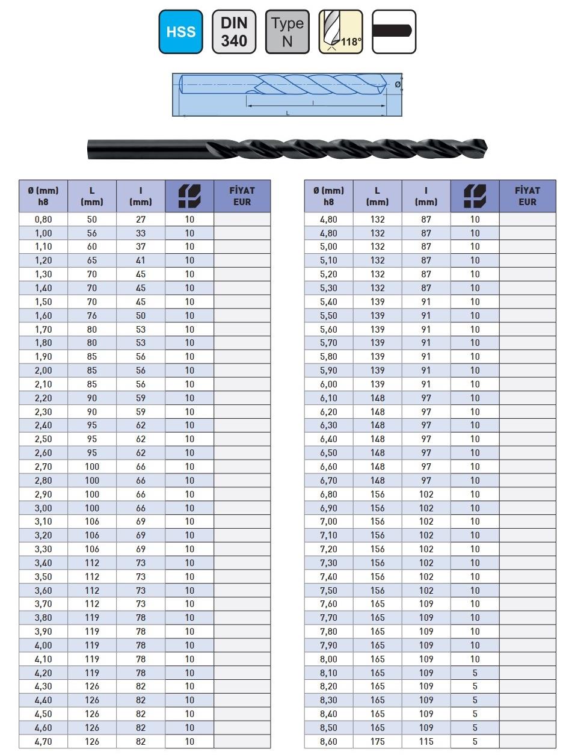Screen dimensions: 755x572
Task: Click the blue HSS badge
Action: tap(180, 32)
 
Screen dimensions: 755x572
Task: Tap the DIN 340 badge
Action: tap(234, 32)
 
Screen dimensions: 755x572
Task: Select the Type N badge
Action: tap(287, 32)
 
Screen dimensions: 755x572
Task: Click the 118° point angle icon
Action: tap(340, 32)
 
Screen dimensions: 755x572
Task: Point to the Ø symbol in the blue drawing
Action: tap(397, 85)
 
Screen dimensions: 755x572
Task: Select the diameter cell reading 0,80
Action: tap(43, 220)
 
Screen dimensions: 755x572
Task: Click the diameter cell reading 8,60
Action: tap(328, 742)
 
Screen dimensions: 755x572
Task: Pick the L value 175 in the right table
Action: tap(377, 742)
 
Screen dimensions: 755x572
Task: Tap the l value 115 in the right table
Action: tap(426, 742)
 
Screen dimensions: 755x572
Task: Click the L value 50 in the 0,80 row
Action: tap(92, 220)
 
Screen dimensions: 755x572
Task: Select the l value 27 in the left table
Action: tap(141, 220)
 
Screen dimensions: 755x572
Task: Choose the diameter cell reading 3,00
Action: tap(43, 508)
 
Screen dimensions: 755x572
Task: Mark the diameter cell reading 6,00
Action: tap(328, 384)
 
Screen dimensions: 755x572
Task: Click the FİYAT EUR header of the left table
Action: tap(242, 196)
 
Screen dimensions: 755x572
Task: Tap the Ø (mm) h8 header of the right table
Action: tap(328, 196)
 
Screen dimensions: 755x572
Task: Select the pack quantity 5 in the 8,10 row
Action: tap(475, 673)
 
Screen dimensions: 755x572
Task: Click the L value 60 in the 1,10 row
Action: tap(92, 247)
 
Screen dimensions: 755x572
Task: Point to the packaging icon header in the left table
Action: tap(189, 196)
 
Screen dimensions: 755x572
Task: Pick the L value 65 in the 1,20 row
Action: tap(92, 260)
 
